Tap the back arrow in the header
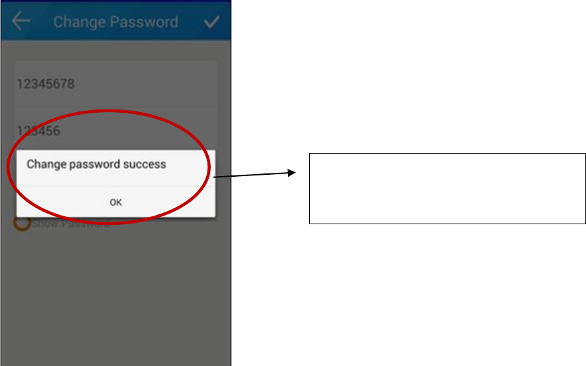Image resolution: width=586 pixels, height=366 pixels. (21, 21)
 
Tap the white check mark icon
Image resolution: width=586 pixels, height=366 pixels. (211, 22)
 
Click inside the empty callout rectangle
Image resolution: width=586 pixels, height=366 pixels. (447, 189)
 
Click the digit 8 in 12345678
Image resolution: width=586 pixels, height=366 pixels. (71, 84)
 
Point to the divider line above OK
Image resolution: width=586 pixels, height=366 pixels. (116, 186)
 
